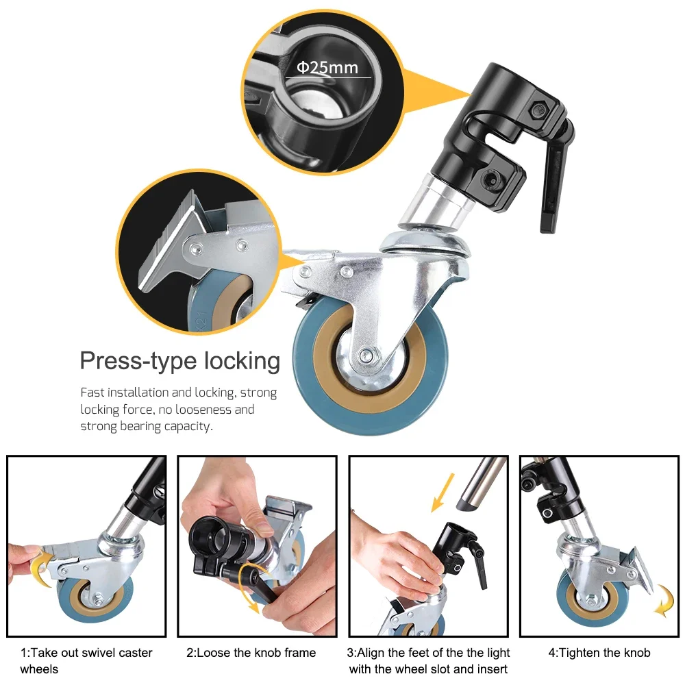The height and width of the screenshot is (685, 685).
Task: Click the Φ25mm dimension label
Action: click(x=327, y=68)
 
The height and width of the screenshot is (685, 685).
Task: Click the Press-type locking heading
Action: click(x=179, y=361)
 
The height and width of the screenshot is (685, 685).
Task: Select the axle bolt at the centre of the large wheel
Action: click(x=369, y=355)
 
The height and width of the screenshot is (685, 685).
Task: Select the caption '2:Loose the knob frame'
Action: click(x=251, y=653)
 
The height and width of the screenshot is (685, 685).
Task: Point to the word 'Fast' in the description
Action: click(x=93, y=393)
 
